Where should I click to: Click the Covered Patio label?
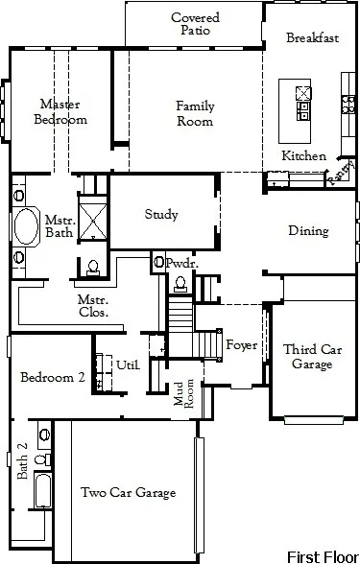[195, 24]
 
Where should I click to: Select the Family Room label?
[194, 113]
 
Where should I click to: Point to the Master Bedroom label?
[60, 111]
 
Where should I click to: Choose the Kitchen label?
[303, 155]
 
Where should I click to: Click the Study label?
[160, 215]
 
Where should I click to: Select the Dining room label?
[308, 230]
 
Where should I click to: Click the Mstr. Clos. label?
[93, 305]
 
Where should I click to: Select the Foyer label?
[241, 345]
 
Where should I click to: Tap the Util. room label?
[128, 364]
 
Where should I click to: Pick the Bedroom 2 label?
[53, 378]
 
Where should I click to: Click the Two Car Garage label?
[128, 493]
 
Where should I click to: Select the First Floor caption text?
[322, 554]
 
